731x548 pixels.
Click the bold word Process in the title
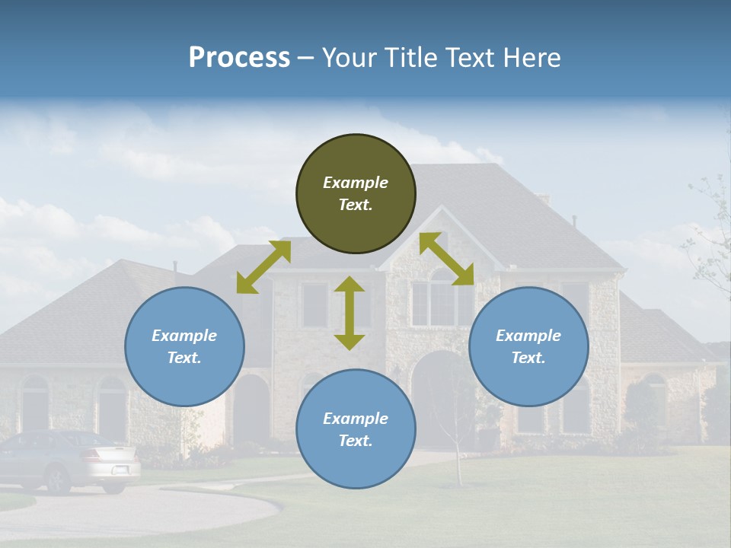tap(239, 58)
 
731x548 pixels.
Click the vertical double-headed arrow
tap(350, 313)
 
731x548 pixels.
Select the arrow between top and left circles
tap(263, 267)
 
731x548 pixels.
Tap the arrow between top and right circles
tap(447, 259)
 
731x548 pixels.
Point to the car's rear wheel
tap(58, 479)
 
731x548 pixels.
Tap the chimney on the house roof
tap(542, 199)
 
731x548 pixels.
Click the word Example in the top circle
tap(356, 183)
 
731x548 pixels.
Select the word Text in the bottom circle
tap(354, 441)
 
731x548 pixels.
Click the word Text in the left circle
tap(184, 358)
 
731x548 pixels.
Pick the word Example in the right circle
tap(528, 336)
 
